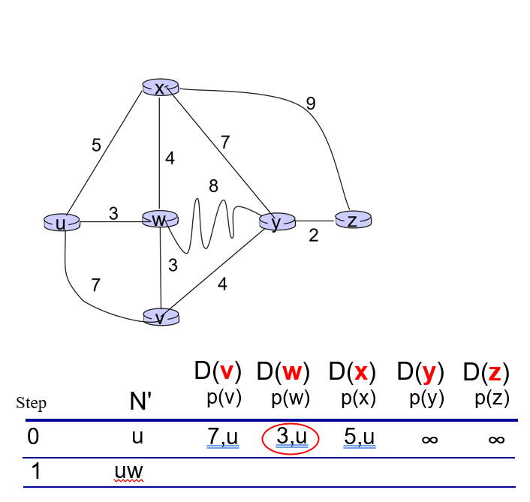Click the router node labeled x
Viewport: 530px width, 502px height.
[x=160, y=89]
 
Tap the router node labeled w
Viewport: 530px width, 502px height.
[x=160, y=219]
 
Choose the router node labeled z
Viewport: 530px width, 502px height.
[x=353, y=220]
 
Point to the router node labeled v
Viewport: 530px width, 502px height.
[x=161, y=317]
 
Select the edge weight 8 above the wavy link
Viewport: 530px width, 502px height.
[x=213, y=186]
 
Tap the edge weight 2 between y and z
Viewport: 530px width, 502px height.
[x=314, y=236]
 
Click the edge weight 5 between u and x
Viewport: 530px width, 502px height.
[x=96, y=146]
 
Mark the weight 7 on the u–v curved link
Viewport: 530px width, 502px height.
[x=96, y=284]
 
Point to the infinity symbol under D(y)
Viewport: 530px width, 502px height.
[x=429, y=440]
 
